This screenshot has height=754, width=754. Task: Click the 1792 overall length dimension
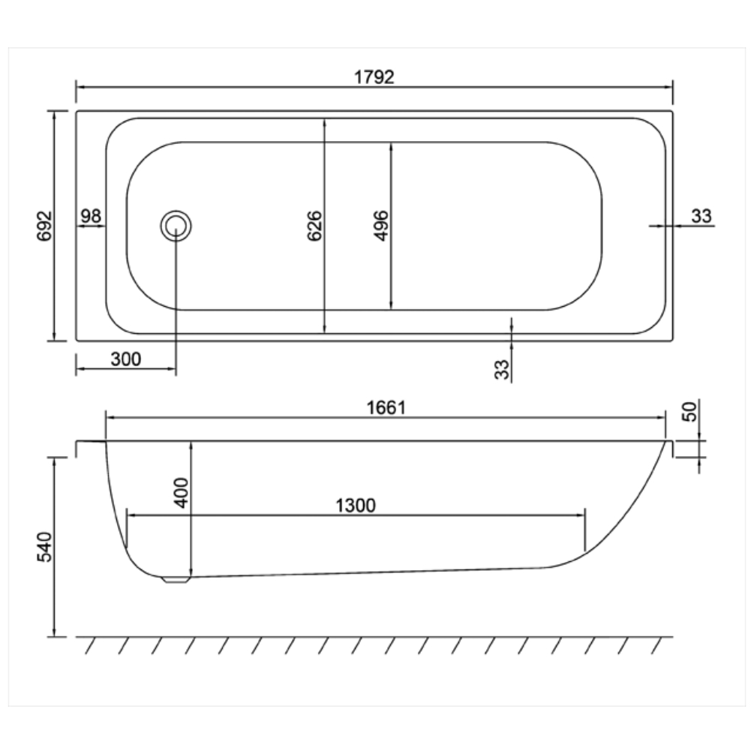coord(374,77)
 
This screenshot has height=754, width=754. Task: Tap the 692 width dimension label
coord(44,226)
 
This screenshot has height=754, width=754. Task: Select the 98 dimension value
coord(90,216)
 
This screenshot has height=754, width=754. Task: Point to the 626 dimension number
coord(314,226)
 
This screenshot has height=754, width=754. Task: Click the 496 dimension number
coord(380,226)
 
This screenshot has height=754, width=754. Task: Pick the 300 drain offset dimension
coord(126,359)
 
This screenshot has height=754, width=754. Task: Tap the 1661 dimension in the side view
coord(386,408)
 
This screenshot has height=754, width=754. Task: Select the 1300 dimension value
coord(356,506)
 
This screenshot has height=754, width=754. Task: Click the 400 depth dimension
coord(182,492)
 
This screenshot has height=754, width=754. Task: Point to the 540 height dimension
coord(44,547)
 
